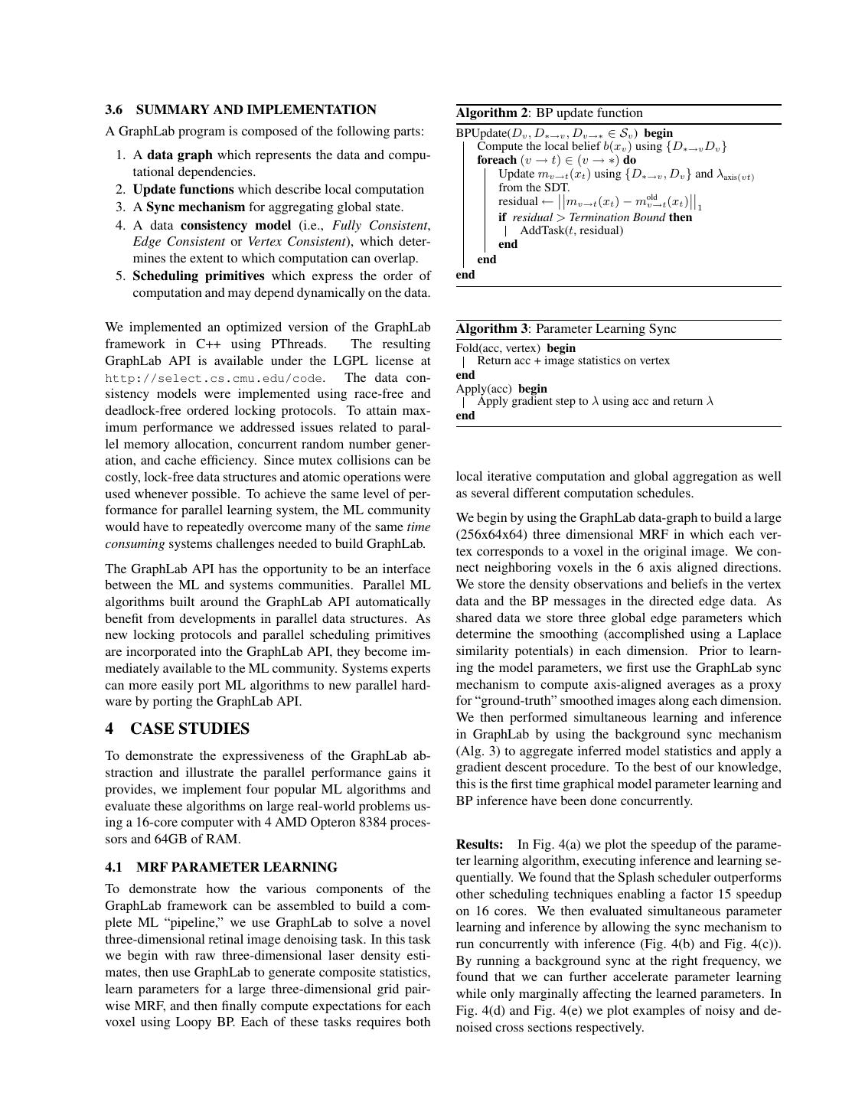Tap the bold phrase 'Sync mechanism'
[x=195, y=207]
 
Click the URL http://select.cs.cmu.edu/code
[x=214, y=378]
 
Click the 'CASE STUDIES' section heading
[x=190, y=729]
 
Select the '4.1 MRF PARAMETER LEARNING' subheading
[x=221, y=867]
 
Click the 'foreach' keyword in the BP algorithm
[x=497, y=160]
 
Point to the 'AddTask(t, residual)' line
[x=571, y=230]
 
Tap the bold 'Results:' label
[x=480, y=845]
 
